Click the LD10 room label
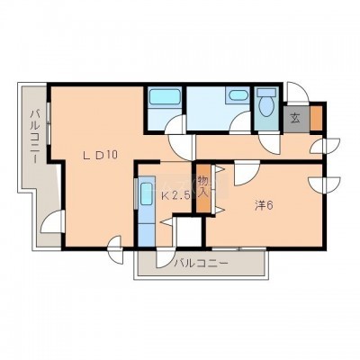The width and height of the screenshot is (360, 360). tap(100, 155)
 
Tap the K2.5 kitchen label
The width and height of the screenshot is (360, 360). tap(175, 196)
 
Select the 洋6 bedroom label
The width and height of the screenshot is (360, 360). tap(264, 205)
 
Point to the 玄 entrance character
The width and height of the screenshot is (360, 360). tap(295, 119)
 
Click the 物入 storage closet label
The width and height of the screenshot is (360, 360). tap(203, 187)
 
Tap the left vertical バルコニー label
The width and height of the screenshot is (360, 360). tap(36, 137)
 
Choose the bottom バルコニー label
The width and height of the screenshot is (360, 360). tap(202, 264)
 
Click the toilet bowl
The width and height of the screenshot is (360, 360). tap(266, 106)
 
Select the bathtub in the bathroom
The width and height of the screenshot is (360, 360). tap(164, 97)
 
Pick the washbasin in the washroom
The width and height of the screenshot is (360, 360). tap(238, 95)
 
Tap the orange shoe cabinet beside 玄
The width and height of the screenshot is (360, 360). tap(315, 118)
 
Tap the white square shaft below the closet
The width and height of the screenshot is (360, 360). tap(189, 232)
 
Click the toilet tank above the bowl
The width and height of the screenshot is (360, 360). tap(266, 92)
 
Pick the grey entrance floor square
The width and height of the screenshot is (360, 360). tap(297, 119)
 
